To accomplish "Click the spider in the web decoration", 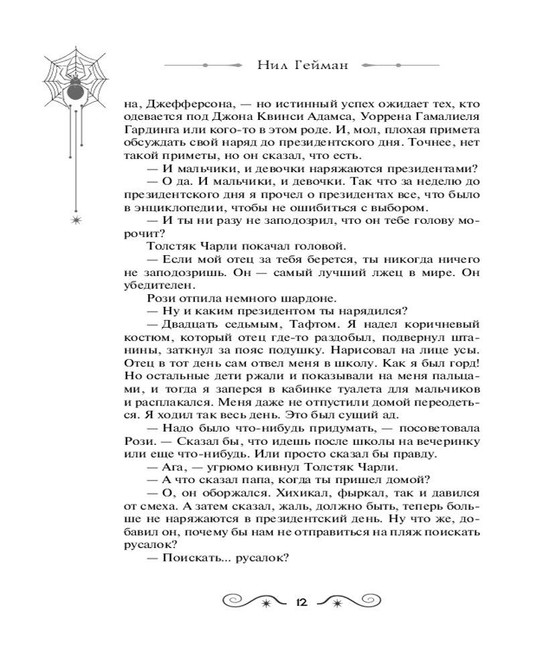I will [75, 84].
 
